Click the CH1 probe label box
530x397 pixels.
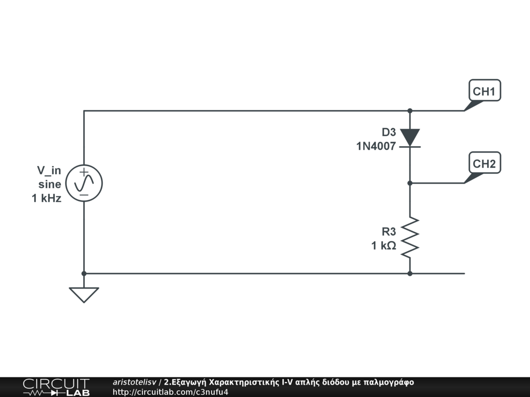484,91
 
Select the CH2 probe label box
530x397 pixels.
484,163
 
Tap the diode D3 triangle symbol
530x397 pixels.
410,138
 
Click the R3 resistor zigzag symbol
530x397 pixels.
410,237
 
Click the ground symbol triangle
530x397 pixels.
84,294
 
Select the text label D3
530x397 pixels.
389,132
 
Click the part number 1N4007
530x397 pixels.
376,146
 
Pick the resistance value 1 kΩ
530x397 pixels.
384,246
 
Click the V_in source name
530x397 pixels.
49,170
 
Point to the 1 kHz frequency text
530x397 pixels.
47,198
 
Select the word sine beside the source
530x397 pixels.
50,184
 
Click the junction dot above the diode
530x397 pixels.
410,111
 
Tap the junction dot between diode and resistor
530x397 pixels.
410,183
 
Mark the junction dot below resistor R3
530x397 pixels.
410,273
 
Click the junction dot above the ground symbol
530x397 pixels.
84,273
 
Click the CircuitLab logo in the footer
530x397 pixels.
56,387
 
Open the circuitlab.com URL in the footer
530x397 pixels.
170,392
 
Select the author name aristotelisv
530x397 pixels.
135,382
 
